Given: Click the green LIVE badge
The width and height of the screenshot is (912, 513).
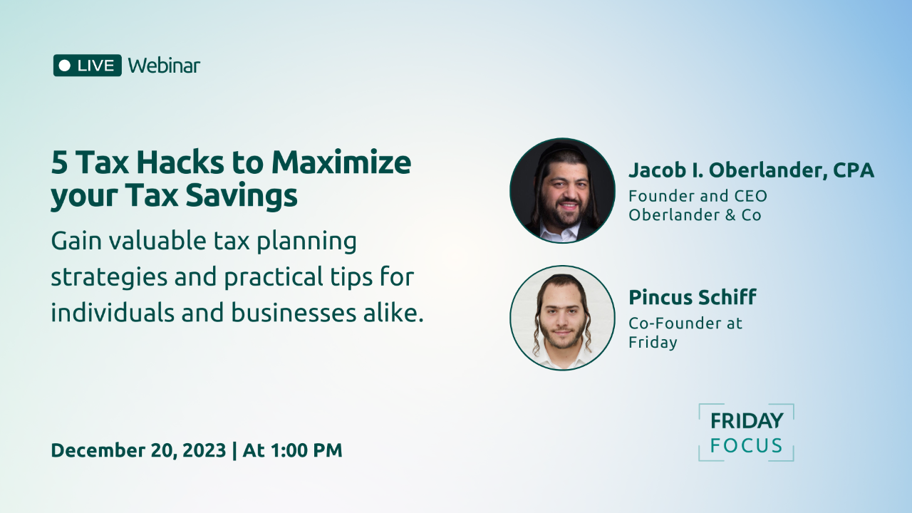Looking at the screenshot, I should click(x=88, y=66).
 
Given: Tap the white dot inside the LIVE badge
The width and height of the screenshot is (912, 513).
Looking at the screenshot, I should click(x=65, y=66).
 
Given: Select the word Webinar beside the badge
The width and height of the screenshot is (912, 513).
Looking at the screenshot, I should click(x=164, y=66).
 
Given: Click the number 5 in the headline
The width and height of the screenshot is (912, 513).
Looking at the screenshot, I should click(x=59, y=163).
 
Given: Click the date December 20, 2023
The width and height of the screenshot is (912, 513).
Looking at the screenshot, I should click(x=138, y=450).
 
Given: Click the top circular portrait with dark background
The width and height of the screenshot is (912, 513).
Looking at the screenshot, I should click(x=562, y=190).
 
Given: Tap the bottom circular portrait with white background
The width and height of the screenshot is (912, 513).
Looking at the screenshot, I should click(x=562, y=318).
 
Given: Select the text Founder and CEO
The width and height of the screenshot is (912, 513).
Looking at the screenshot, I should click(x=698, y=196).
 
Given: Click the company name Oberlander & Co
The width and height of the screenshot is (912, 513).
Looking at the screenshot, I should click(x=695, y=214).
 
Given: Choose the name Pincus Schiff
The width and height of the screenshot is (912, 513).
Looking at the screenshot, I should click(x=692, y=297).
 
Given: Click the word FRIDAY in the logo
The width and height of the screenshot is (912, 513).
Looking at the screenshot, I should click(x=746, y=421).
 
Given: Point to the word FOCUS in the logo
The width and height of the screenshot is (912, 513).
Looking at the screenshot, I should click(x=746, y=447).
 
